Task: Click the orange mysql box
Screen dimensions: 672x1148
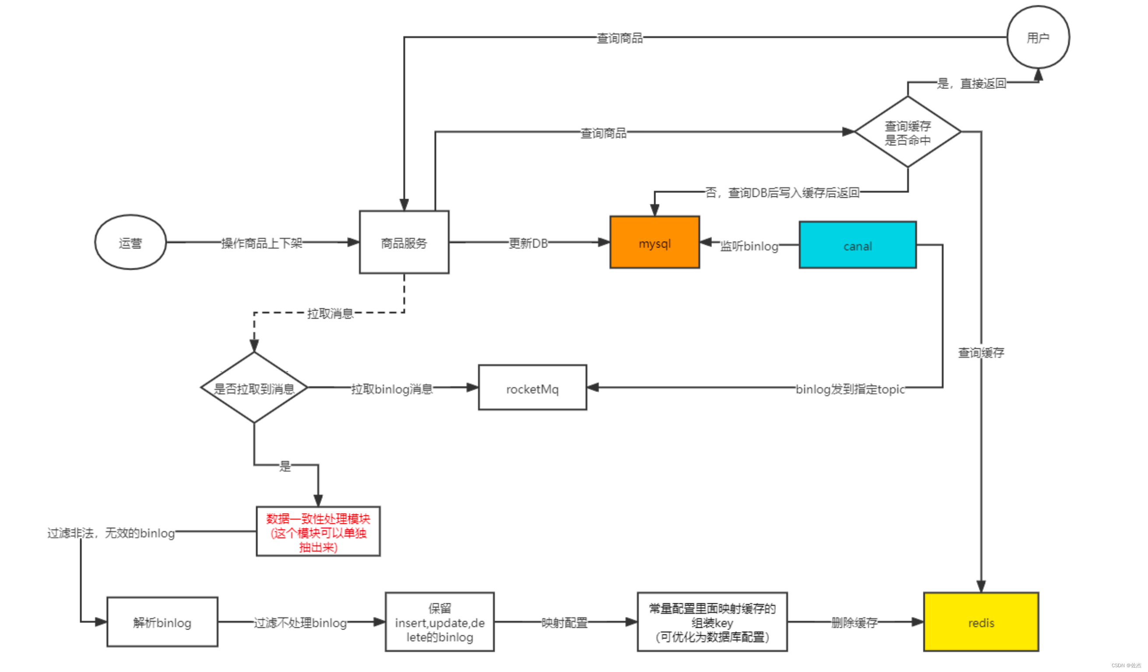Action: [x=655, y=242]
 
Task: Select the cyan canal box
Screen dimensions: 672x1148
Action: [x=857, y=245]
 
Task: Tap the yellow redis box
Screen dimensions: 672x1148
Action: [x=981, y=622]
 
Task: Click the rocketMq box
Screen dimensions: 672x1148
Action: [x=532, y=388]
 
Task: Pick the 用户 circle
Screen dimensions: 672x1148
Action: [x=1038, y=37]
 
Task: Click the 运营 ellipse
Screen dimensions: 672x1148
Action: [x=130, y=242]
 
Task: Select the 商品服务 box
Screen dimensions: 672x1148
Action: [x=404, y=242]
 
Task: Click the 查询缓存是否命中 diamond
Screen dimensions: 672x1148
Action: [x=908, y=132]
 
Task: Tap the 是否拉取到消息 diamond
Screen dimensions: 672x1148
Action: [x=254, y=388]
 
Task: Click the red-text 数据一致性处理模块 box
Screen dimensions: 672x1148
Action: [x=318, y=531]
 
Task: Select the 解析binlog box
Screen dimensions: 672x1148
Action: [x=162, y=622]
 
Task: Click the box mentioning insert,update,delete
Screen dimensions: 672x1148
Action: [x=440, y=622]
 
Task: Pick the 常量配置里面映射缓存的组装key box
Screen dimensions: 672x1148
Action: [x=712, y=622]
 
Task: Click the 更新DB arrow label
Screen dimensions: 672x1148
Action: [x=528, y=243]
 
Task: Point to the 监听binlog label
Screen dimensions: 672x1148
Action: [x=749, y=246]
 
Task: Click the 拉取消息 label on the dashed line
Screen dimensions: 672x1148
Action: [x=330, y=313]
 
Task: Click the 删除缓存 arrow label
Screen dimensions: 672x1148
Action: [x=854, y=623]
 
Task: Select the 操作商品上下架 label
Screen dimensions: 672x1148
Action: [x=262, y=243]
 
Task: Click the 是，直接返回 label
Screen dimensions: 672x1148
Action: [x=971, y=83]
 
